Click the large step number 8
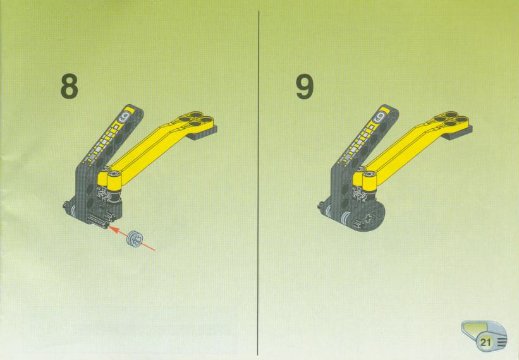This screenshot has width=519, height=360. [x=70, y=87]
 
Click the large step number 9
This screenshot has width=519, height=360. [x=305, y=87]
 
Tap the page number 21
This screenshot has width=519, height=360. [x=485, y=342]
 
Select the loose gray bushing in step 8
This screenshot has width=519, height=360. [x=135, y=238]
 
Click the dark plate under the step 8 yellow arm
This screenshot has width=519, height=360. [x=201, y=132]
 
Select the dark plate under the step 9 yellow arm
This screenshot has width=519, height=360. [x=457, y=132]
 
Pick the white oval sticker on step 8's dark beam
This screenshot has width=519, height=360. [x=124, y=116]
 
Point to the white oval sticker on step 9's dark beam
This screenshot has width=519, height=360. [x=380, y=116]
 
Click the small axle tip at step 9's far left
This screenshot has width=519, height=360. [x=321, y=205]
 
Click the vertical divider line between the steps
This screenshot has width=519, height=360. [x=258, y=183]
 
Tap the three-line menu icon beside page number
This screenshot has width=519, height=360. [x=501, y=342]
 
